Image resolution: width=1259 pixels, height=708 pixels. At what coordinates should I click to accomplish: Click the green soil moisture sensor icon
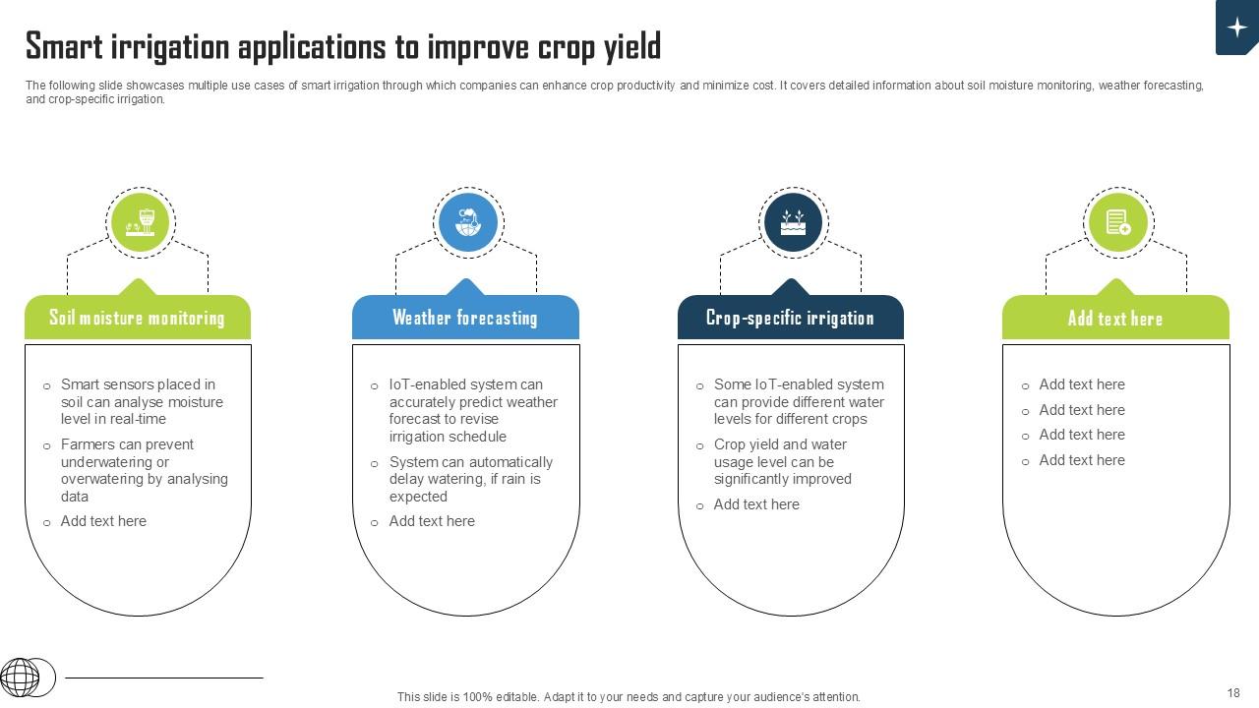[140, 222]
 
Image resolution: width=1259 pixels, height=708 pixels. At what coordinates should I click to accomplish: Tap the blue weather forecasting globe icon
[467, 222]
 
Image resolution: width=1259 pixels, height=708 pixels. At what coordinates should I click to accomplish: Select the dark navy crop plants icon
[793, 222]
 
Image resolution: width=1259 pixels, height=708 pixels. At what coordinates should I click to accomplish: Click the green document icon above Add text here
[1117, 222]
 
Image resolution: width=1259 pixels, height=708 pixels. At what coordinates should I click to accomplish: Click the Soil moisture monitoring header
[137, 318]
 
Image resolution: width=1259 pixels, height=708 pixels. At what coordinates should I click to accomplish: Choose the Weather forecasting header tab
[465, 318]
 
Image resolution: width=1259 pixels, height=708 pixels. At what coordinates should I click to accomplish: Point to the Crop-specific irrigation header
[790, 318]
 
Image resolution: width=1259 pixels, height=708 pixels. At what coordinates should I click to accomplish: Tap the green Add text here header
[1115, 319]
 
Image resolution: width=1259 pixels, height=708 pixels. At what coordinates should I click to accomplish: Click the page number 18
[1233, 693]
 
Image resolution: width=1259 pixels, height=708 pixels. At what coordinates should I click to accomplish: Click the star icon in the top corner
[1237, 28]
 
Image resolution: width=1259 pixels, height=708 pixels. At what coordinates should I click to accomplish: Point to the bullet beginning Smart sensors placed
[142, 401]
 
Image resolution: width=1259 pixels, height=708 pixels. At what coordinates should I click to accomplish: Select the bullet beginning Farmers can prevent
[144, 470]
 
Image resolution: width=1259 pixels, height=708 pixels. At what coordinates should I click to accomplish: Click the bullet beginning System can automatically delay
[470, 479]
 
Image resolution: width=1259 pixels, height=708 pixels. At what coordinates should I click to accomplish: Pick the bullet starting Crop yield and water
[782, 461]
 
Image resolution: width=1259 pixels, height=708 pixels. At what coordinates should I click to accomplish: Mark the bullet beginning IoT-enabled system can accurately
[472, 410]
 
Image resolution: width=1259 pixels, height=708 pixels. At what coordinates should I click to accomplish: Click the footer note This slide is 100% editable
[629, 697]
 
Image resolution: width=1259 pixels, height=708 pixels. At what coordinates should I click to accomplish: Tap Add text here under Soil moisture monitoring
[103, 521]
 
